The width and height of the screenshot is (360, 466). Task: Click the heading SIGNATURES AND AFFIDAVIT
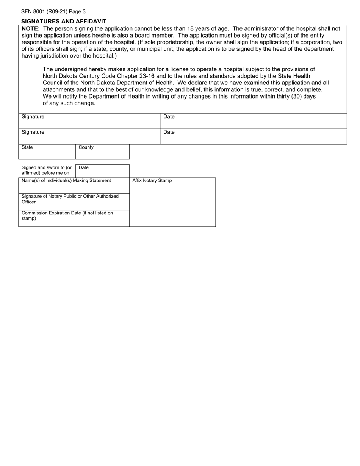[64, 22]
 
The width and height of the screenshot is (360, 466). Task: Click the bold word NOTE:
[31, 29]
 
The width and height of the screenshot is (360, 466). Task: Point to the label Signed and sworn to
[46, 170]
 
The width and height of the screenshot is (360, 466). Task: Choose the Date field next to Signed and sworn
[102, 171]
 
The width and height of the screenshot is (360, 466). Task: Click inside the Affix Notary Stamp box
[172, 205]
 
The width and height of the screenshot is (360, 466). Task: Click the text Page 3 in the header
[77, 12]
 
